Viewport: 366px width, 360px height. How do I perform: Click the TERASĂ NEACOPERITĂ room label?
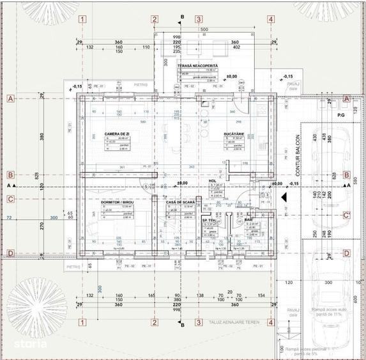tap(197, 66)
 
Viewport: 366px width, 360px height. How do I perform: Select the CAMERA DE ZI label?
tap(117, 133)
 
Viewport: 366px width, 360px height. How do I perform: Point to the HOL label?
tap(213, 180)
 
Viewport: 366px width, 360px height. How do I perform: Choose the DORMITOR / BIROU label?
tap(116, 201)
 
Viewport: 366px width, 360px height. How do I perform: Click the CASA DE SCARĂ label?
tap(179, 201)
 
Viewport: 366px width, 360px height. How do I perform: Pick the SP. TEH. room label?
tap(210, 220)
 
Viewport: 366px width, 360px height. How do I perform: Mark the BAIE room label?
tap(248, 219)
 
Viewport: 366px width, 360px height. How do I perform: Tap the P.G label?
tap(340, 114)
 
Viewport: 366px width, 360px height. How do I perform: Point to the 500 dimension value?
tap(204, 29)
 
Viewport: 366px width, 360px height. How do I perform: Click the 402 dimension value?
tap(236, 47)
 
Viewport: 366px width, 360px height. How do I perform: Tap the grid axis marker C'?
tap(346, 215)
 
